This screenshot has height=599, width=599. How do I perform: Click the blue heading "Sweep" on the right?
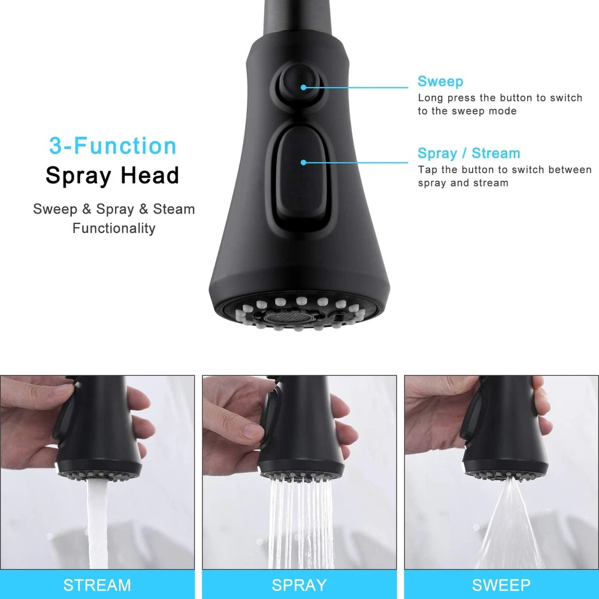440,81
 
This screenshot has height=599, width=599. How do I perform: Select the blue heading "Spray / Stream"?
469,153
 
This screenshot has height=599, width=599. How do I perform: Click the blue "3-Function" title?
113,146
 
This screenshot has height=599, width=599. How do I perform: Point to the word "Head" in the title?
150,176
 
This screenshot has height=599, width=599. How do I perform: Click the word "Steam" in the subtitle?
174,209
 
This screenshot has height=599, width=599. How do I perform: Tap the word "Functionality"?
114,228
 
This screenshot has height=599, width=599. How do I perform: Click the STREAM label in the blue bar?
97,585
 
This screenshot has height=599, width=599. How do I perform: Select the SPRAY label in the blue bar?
299,585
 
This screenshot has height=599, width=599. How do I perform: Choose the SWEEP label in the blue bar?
501,585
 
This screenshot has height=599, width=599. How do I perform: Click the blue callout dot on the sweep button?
303,87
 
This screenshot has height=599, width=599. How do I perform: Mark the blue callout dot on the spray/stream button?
303,162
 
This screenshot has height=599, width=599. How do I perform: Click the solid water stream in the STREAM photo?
97,524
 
